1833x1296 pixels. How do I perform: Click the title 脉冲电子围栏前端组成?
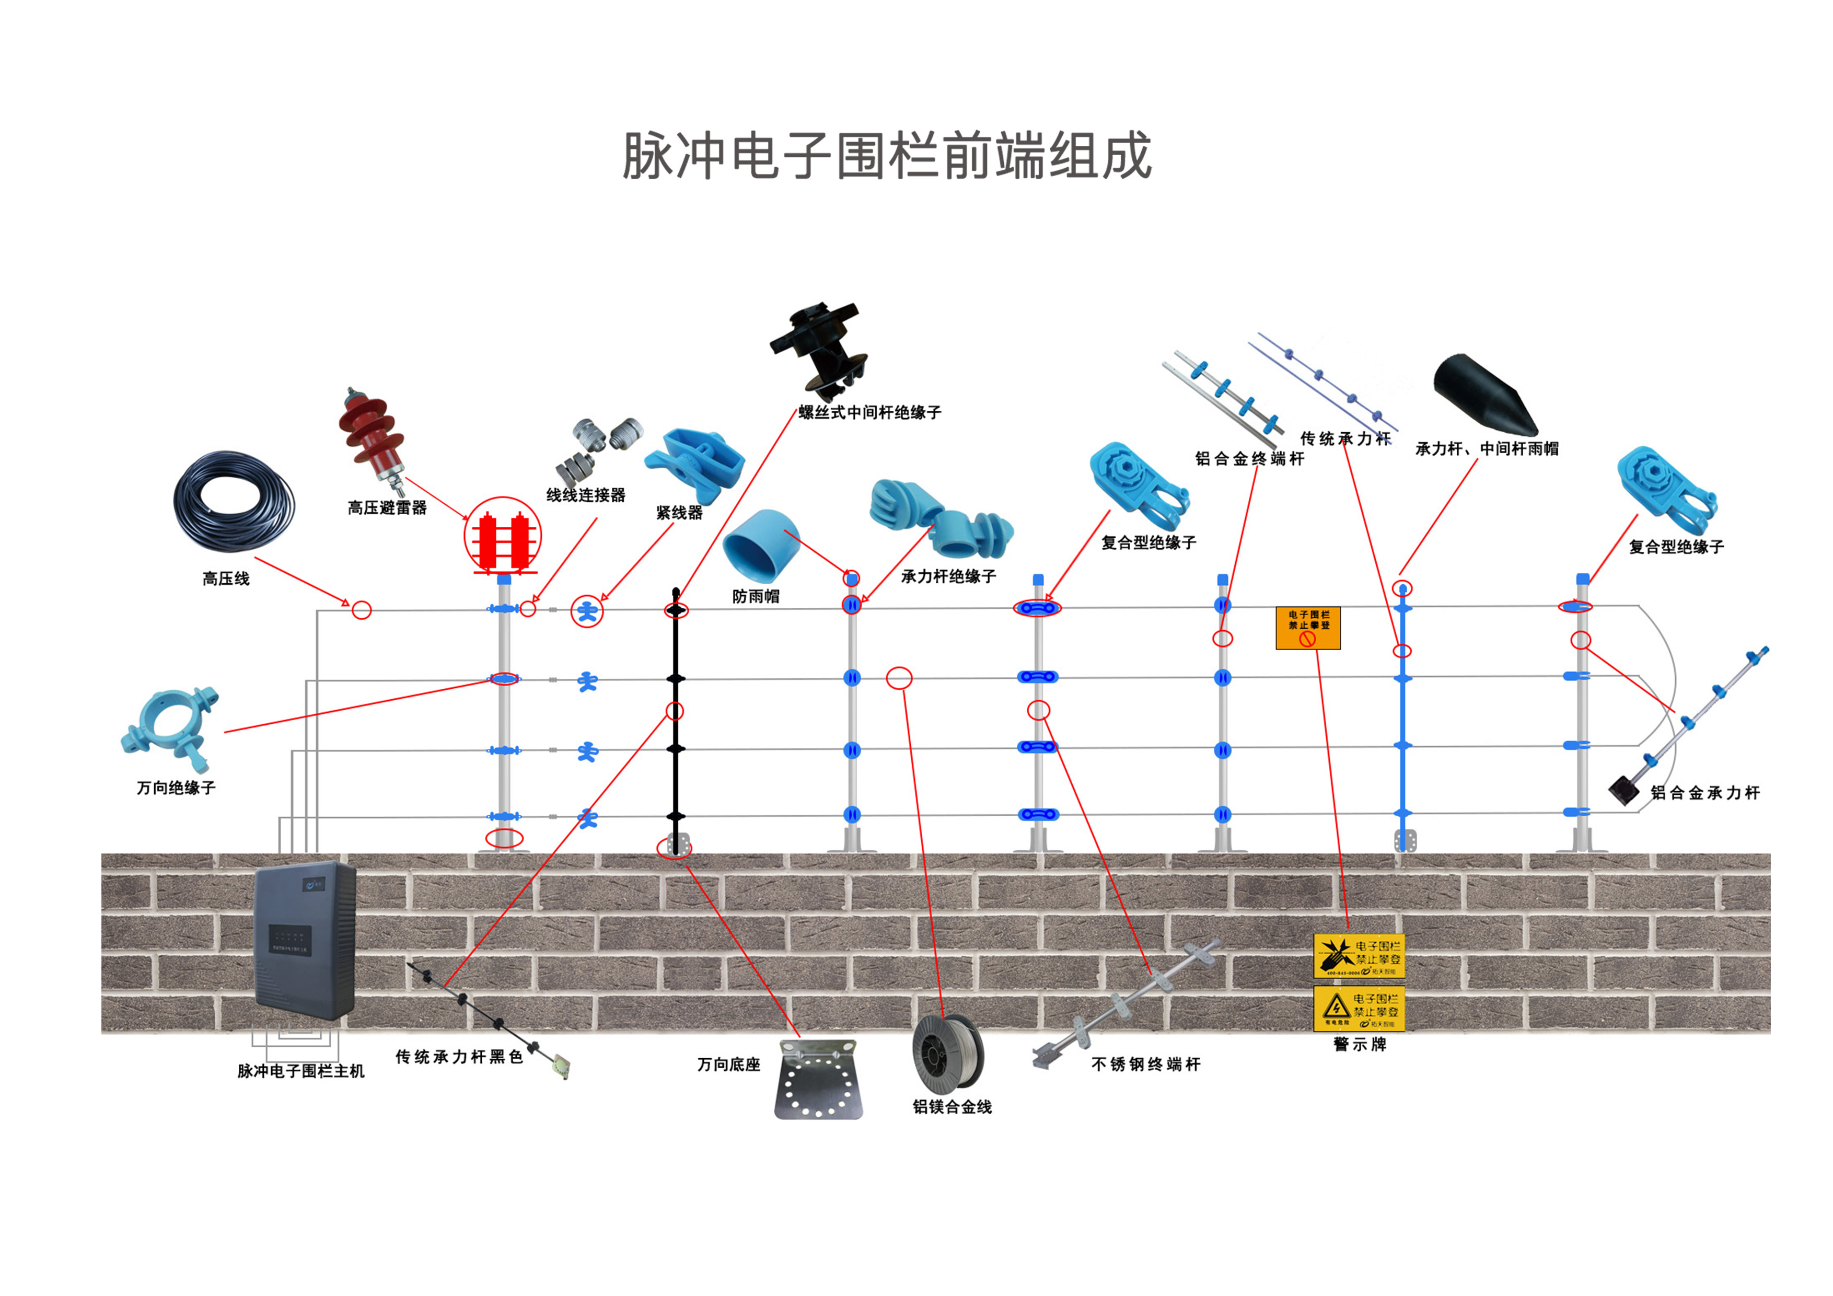886,156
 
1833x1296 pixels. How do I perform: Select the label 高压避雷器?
387,508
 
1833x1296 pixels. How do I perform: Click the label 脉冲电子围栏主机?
301,1071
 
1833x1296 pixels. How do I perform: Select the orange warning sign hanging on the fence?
1308,628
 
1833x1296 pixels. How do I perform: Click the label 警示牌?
1360,1045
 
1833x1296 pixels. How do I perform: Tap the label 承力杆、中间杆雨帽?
1487,449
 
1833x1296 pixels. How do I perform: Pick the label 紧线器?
679,513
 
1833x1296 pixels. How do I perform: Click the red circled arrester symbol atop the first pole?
503,537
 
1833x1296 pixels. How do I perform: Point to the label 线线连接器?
586,495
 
